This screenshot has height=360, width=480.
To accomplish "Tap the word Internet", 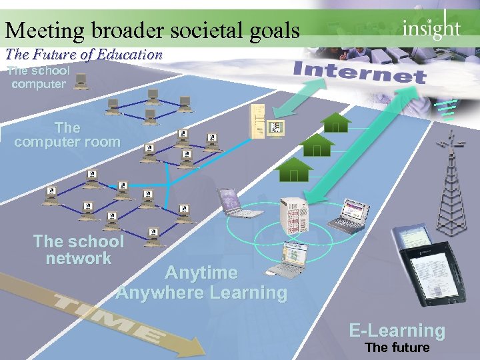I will (x=359, y=72).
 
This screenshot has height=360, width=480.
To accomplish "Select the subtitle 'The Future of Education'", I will (x=84, y=55).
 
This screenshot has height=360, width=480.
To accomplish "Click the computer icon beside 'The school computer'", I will (x=81, y=81).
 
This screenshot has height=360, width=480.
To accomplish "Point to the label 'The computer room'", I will (x=67, y=135).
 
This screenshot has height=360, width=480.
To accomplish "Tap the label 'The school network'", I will (x=78, y=250).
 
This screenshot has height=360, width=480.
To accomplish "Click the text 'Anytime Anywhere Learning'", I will (x=201, y=283).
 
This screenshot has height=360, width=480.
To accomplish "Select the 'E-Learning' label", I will (x=397, y=330).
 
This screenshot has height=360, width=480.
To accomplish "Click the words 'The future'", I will (x=397, y=347).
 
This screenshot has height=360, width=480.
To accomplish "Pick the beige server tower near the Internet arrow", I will (x=259, y=122).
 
